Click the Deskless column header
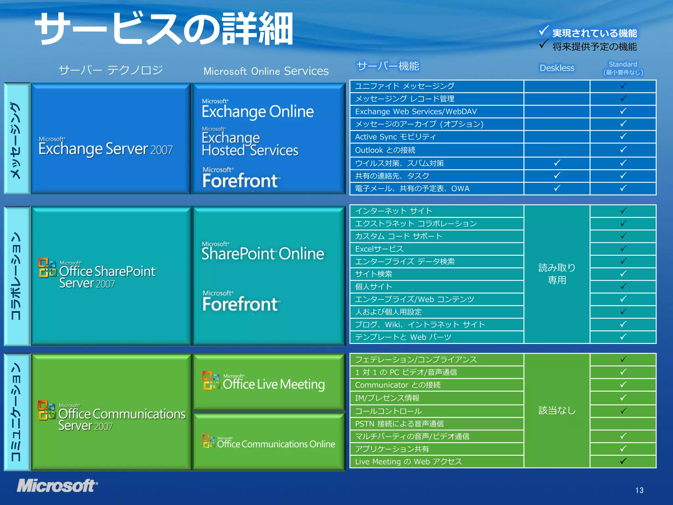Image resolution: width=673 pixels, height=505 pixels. (x=557, y=68)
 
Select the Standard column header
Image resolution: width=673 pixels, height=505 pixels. (x=623, y=68)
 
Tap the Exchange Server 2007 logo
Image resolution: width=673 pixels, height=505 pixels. (x=105, y=147)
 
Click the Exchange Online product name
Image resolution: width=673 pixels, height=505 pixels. (x=258, y=111)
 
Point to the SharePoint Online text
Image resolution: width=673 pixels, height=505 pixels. (x=263, y=253)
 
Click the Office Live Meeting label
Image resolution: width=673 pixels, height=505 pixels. (x=273, y=384)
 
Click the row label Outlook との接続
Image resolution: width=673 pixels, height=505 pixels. (x=385, y=150)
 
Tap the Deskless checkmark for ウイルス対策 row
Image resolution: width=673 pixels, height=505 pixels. (x=557, y=163)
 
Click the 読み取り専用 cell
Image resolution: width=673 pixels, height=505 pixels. (x=557, y=274)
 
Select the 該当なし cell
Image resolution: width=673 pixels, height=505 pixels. (x=557, y=410)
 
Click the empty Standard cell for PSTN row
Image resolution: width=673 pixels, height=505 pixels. (x=623, y=423)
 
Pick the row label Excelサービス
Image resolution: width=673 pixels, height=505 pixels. (x=379, y=249)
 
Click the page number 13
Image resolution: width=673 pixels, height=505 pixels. (x=639, y=490)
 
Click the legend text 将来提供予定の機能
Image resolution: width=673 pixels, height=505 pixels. (x=594, y=47)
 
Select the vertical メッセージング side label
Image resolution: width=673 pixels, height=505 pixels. (x=16, y=140)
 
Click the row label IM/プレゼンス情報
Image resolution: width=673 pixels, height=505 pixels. (x=387, y=398)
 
